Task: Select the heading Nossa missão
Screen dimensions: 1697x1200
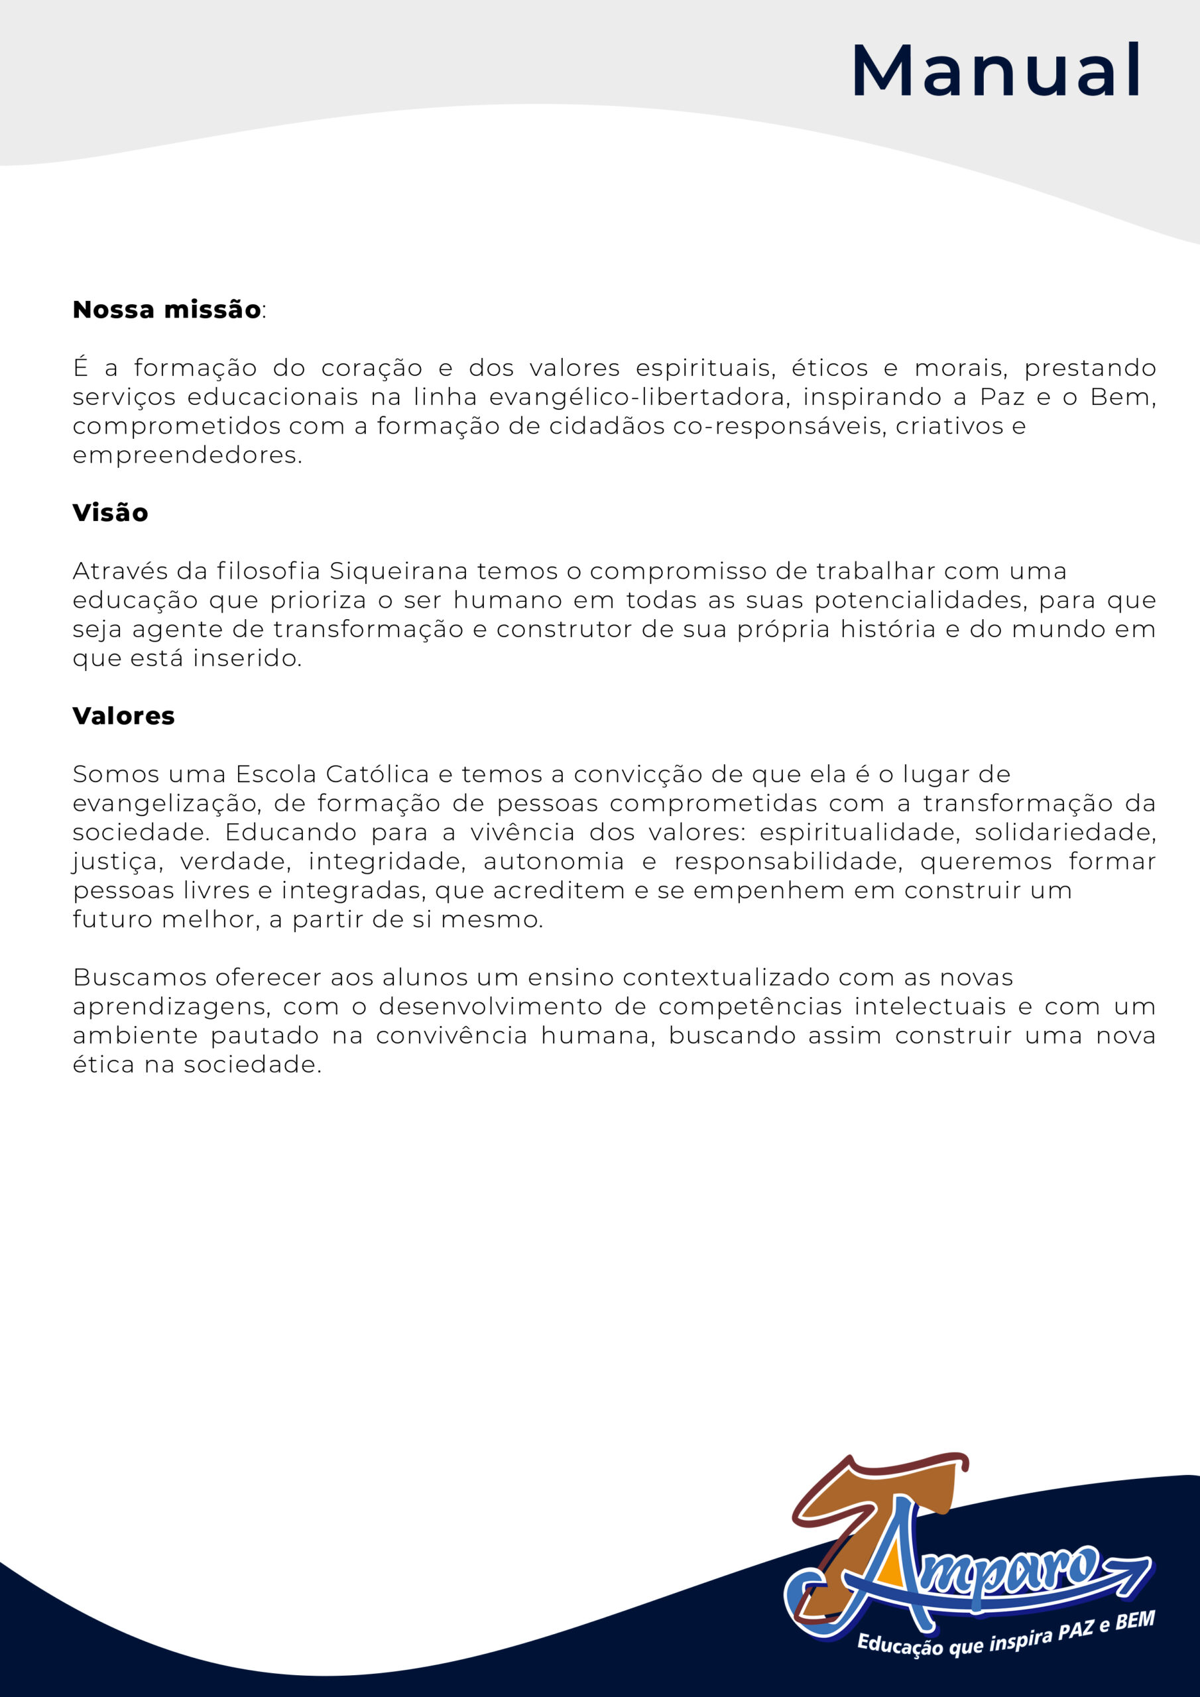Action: (166, 310)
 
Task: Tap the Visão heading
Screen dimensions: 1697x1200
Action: (110, 513)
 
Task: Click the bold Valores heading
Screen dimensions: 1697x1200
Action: (123, 715)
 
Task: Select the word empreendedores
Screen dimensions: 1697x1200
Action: (187, 455)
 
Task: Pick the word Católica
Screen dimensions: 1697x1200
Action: (377, 775)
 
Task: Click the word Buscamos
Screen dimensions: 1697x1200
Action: (139, 977)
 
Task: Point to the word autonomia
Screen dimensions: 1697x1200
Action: (554, 861)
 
